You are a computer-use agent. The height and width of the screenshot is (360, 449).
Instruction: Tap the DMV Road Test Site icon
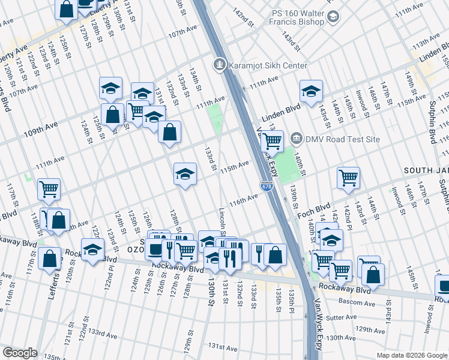point(296,139)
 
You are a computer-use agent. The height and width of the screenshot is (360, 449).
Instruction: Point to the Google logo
point(20,353)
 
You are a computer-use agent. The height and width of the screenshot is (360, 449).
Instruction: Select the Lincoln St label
point(222,222)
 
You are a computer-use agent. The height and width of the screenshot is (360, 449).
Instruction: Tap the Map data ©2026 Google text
point(411,355)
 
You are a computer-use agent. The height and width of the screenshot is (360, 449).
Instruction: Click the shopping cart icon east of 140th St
point(348,177)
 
